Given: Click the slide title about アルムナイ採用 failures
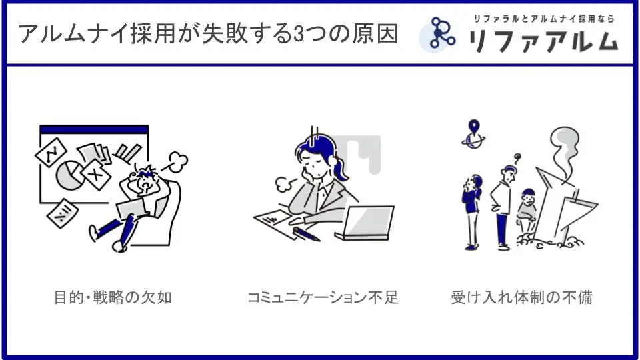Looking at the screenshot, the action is [x=208, y=34].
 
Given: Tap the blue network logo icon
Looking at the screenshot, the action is [x=441, y=33].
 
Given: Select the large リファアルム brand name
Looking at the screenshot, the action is [x=543, y=41].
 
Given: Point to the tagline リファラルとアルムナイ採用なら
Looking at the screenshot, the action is [x=544, y=19].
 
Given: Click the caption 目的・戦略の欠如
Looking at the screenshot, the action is [x=113, y=297].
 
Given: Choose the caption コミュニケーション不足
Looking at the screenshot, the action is [x=323, y=297].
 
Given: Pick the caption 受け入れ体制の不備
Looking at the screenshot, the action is [x=521, y=297].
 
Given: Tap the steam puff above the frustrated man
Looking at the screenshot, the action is [x=177, y=161].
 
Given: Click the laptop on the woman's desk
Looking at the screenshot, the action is [x=365, y=223].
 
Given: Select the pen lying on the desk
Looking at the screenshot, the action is [x=306, y=235].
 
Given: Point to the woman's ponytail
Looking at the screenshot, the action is [x=339, y=168].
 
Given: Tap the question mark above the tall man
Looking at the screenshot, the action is [x=517, y=158].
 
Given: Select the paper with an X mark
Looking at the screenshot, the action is [x=95, y=175].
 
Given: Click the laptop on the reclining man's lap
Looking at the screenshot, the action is [x=133, y=208].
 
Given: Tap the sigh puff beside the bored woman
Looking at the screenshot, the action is [x=283, y=185].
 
